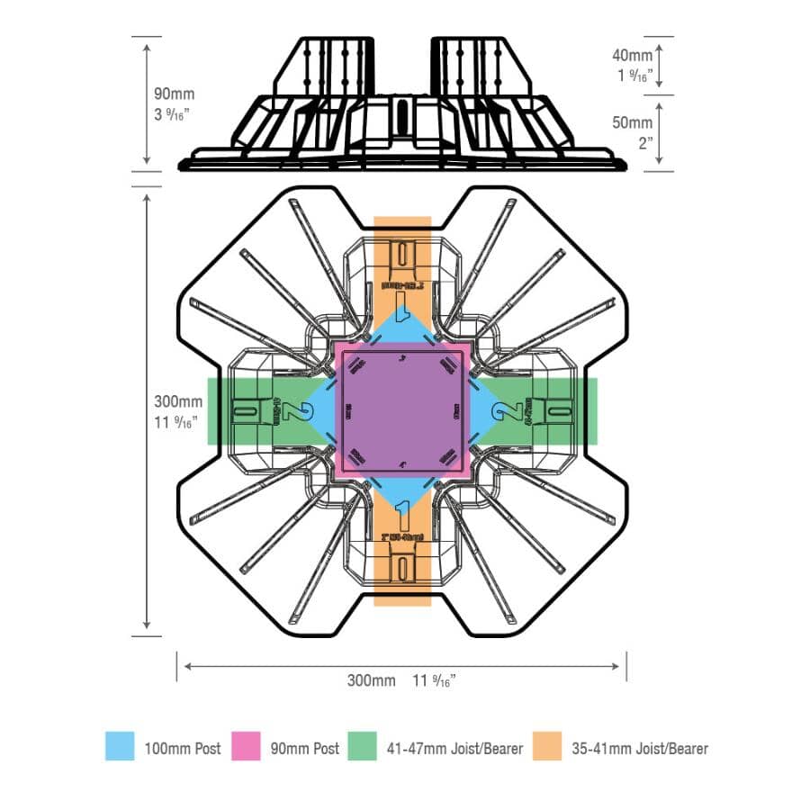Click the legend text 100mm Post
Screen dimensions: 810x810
183,748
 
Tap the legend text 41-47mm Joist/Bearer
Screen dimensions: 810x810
454,748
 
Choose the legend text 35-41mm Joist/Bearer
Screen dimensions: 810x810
640,748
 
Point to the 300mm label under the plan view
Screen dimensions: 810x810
371,679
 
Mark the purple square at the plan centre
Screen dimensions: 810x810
402,410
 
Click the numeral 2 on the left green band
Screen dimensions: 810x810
296,411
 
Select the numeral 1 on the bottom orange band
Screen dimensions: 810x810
402,516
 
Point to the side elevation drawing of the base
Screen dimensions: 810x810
402,103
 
